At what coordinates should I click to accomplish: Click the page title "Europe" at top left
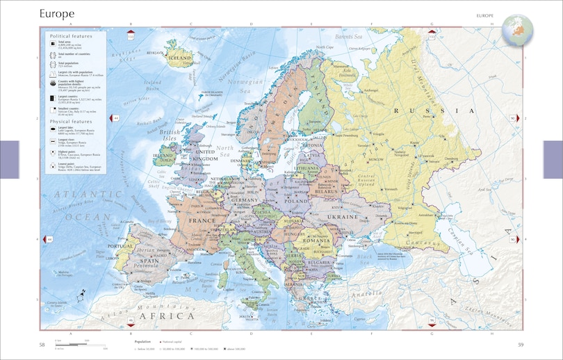[x=58, y=13]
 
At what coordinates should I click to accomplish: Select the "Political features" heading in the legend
[x=72, y=34]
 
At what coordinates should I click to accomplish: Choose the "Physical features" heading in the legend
[x=72, y=122]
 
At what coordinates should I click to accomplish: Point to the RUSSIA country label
[x=431, y=111]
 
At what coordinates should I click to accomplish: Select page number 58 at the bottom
[x=42, y=345]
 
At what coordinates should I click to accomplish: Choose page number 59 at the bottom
[x=521, y=345]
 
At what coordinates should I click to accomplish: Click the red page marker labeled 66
[x=130, y=320]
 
